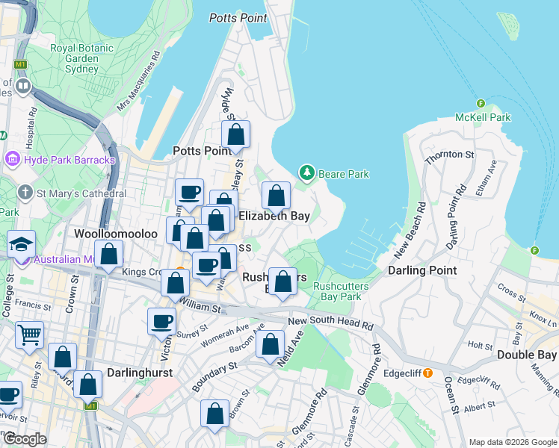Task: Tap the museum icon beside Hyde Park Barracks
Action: [x=13, y=160]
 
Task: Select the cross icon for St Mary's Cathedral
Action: [x=25, y=193]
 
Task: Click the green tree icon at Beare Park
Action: [x=306, y=173]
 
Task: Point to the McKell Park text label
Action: [x=483, y=117]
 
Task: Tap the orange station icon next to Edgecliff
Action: [x=427, y=373]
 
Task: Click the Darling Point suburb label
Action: [x=422, y=270]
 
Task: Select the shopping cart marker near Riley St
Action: [x=28, y=335]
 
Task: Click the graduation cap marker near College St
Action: [x=21, y=243]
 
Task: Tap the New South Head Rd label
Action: [x=330, y=323]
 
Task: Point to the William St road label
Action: [x=200, y=307]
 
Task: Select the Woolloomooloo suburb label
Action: [x=116, y=234]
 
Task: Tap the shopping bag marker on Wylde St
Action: [x=235, y=135]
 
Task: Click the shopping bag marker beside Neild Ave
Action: [x=271, y=344]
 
